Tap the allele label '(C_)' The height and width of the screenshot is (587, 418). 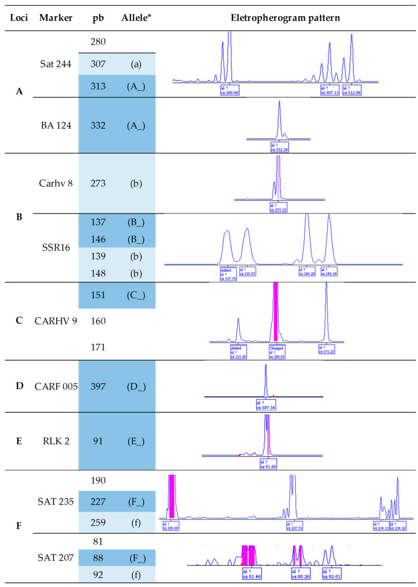coord(133,295)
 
